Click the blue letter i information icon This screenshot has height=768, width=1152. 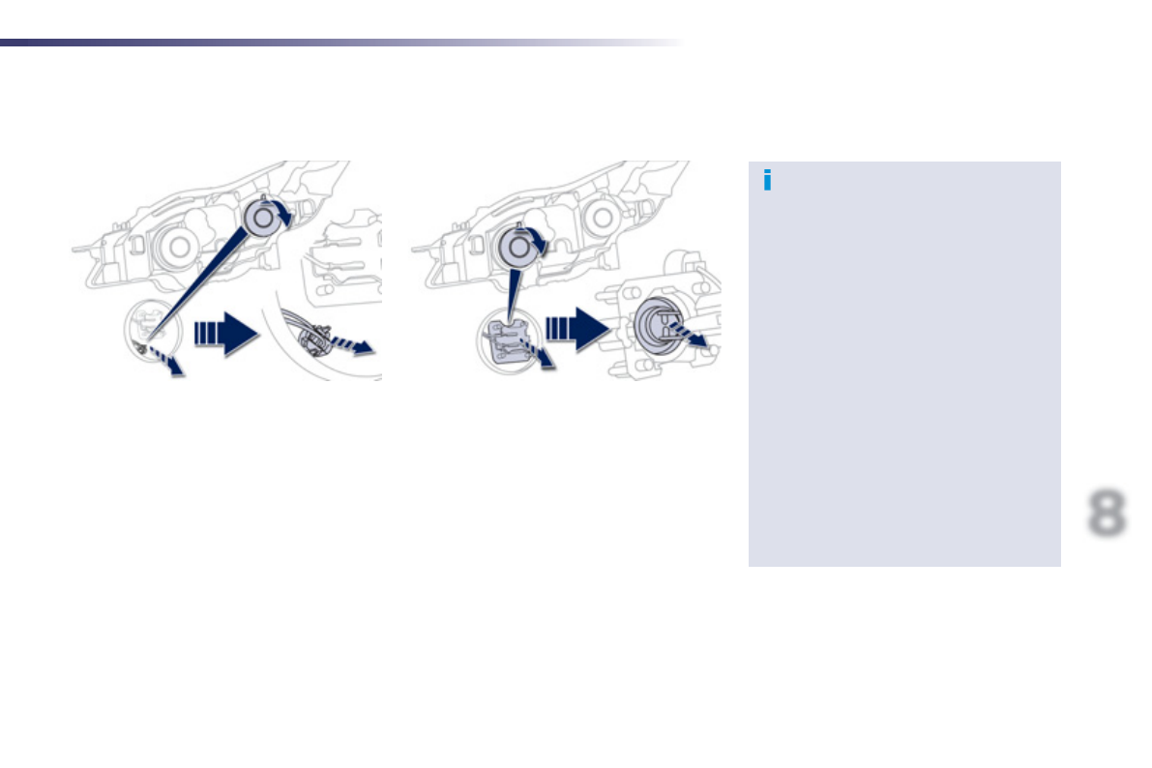coord(767,181)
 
